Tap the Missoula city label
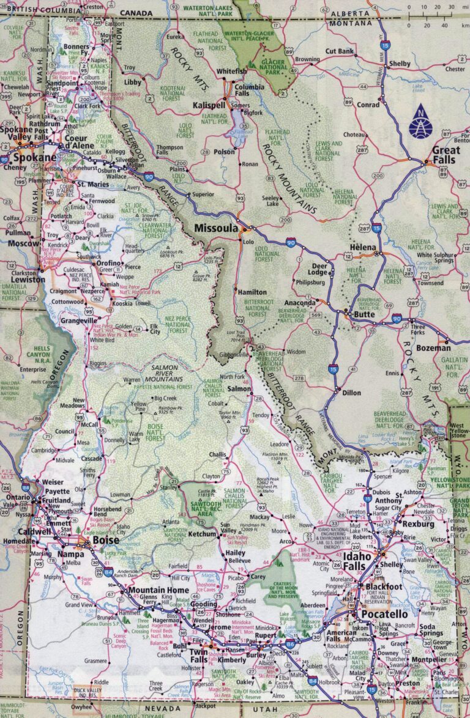tap(215, 228)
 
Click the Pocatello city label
tap(388, 613)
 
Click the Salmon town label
tap(239, 388)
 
